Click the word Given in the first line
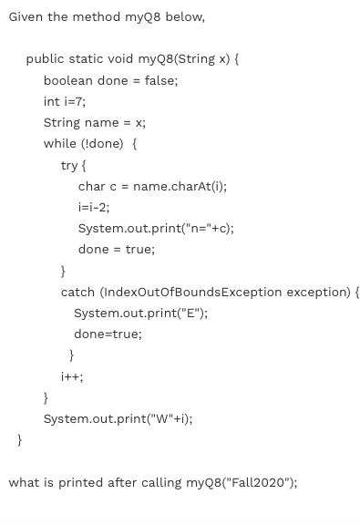click(x=26, y=17)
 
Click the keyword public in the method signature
click(x=46, y=59)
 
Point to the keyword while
click(x=59, y=143)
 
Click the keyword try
click(x=70, y=165)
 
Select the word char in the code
click(x=92, y=186)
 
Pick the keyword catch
click(x=78, y=292)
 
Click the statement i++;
click(x=71, y=376)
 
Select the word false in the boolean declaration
click(x=159, y=80)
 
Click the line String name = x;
click(x=94, y=122)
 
